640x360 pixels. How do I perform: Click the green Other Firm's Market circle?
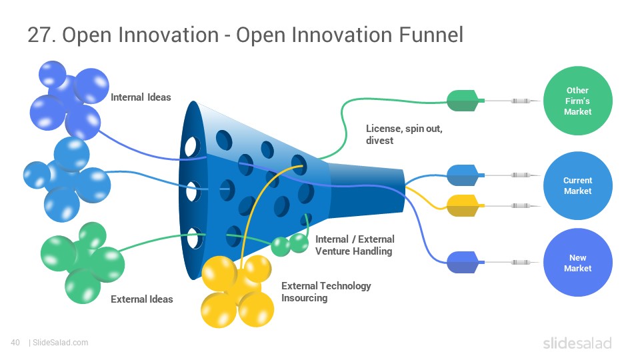(577, 101)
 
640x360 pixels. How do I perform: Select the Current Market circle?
(577, 186)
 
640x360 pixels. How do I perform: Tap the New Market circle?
(577, 263)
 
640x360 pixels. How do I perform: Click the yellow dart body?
(464, 206)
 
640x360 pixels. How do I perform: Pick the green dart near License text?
(464, 101)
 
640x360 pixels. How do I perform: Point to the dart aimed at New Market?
(464, 262)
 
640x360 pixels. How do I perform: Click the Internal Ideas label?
(141, 97)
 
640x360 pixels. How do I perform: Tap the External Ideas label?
(141, 299)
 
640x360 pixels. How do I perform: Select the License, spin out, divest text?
(404, 134)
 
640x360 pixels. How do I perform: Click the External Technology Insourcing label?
(326, 292)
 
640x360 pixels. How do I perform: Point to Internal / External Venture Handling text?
(355, 245)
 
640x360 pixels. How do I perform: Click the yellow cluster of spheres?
(237, 291)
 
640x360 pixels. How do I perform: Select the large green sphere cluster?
(83, 263)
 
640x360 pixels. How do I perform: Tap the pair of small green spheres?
(290, 245)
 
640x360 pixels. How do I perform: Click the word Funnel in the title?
(431, 35)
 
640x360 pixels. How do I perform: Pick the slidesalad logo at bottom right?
(577, 343)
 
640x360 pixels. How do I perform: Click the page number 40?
(15, 343)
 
